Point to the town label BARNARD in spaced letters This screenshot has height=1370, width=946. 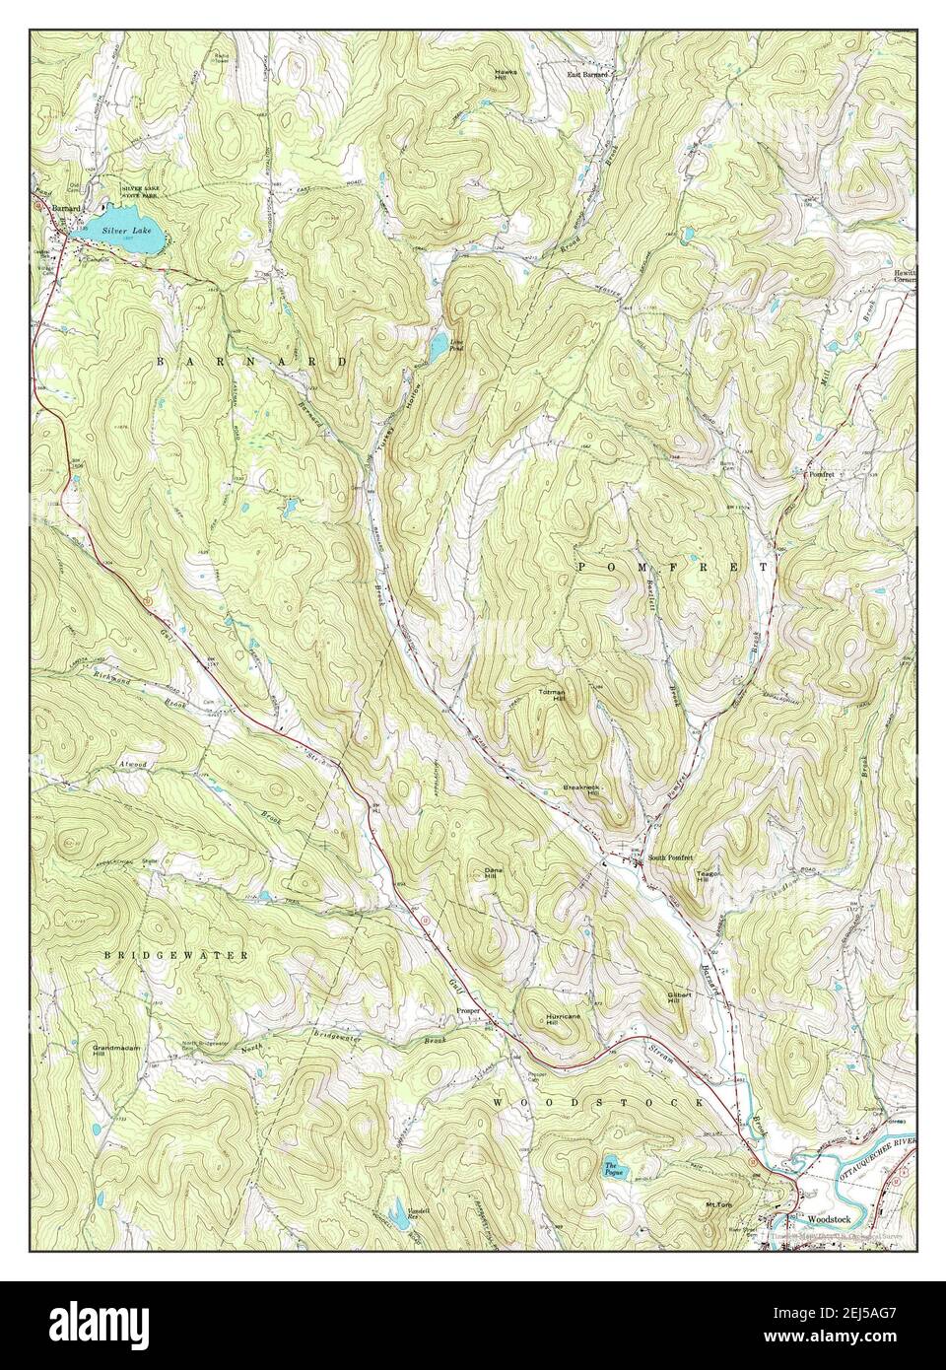tap(251, 363)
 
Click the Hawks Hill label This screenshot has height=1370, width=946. tap(507, 76)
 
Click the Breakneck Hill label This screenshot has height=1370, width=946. tap(581, 791)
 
